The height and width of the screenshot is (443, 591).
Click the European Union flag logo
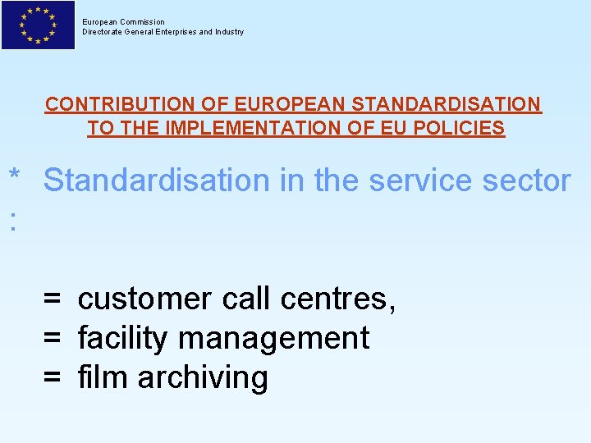tap(38, 25)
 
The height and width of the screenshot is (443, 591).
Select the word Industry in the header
tap(227, 32)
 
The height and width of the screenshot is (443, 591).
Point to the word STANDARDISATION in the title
tap(447, 105)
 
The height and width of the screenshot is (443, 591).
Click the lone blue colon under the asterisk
tap(12, 220)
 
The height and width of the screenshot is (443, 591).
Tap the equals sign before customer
tap(53, 299)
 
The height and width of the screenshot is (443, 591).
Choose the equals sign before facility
tap(53, 338)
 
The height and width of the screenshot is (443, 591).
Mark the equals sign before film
tap(53, 377)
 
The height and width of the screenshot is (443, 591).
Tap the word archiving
tap(203, 378)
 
